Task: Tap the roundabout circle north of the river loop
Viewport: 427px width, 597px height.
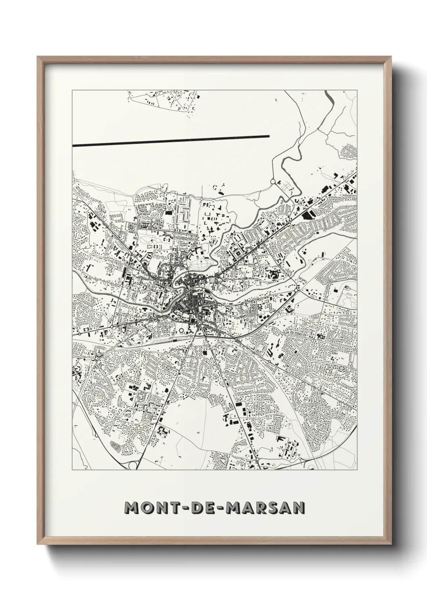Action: pyautogui.click(x=272, y=182)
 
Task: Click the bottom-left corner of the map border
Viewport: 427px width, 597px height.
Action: pyautogui.click(x=72, y=470)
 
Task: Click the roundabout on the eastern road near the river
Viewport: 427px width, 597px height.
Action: pyautogui.click(x=296, y=290)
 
